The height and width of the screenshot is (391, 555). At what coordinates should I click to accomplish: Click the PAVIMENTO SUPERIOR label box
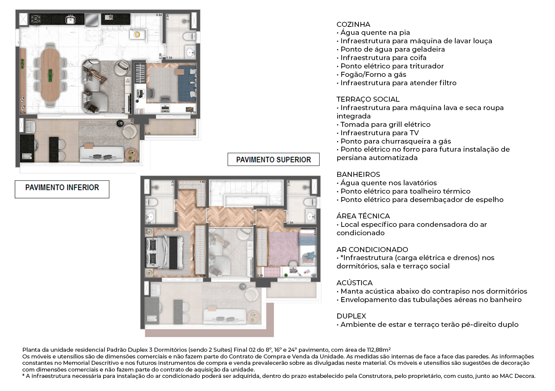(x=273, y=160)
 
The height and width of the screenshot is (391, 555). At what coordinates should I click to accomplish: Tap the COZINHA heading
(x=353, y=25)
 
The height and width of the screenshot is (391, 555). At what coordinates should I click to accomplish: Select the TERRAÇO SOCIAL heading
(x=368, y=99)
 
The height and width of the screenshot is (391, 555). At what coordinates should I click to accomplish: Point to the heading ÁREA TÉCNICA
(x=363, y=216)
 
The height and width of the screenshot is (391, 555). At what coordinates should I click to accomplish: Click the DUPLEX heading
(x=351, y=316)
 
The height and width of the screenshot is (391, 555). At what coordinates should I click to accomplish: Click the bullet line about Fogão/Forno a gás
(x=373, y=75)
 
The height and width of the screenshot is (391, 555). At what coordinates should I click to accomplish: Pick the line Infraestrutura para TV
(x=379, y=133)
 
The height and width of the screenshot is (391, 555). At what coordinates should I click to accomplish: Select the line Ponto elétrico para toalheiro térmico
(x=405, y=191)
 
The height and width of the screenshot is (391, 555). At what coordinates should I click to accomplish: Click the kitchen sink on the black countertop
(x=70, y=20)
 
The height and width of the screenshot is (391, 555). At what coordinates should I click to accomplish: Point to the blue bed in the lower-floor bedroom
(x=187, y=84)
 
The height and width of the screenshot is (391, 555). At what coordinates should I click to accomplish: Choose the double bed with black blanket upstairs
(x=165, y=252)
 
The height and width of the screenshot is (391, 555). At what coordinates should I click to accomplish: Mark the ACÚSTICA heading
(x=354, y=283)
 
